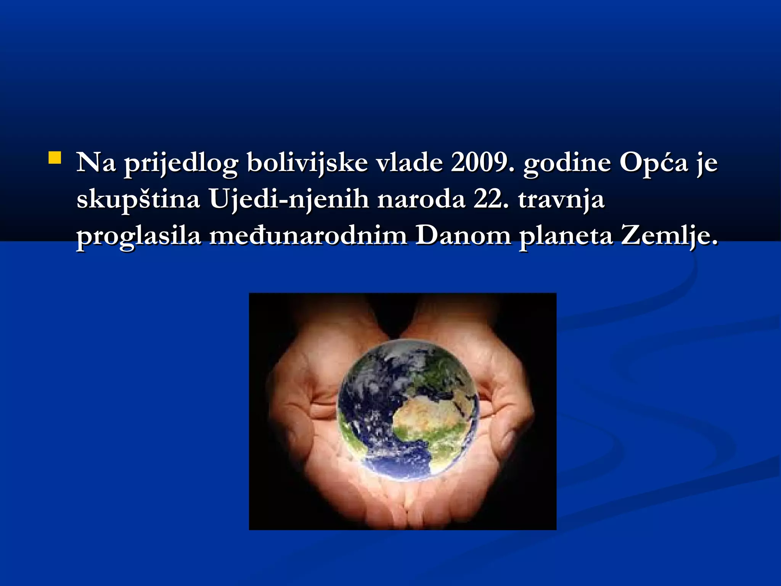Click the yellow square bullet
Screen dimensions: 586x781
(55, 158)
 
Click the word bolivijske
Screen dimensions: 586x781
(307, 163)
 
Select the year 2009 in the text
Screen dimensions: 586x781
(482, 163)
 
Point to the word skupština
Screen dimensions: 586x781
(138, 200)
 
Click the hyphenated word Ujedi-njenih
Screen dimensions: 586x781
(289, 200)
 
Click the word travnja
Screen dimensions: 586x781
(561, 200)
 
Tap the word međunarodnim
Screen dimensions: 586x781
(308, 236)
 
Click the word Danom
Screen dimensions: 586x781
(463, 236)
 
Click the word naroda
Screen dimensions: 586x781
(421, 200)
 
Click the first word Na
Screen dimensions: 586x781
(96, 163)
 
